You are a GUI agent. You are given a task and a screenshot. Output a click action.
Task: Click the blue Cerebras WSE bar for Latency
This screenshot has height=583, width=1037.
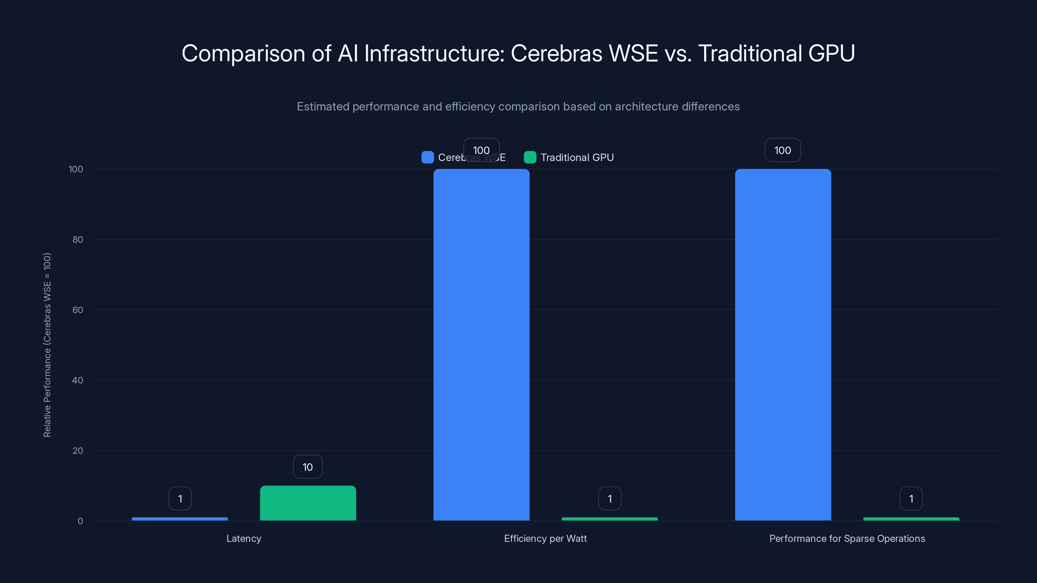[x=180, y=519]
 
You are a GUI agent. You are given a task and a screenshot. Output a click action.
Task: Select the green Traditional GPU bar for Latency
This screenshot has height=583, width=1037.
[x=308, y=503]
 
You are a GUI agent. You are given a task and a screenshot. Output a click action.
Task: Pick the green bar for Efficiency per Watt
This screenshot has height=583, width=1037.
[x=610, y=519]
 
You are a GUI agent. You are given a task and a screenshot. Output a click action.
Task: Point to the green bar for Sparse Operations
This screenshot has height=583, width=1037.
[x=911, y=519]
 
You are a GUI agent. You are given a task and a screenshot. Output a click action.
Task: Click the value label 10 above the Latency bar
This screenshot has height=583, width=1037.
[x=308, y=467]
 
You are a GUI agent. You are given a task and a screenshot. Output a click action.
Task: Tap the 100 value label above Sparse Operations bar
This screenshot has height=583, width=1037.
[x=783, y=150]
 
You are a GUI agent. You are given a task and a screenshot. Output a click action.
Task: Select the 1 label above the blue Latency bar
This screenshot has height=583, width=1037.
[x=180, y=498]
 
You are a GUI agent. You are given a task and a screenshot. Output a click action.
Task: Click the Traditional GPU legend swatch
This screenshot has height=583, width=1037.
[x=530, y=157]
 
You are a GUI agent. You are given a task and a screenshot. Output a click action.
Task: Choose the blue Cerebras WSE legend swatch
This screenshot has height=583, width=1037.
[x=427, y=157]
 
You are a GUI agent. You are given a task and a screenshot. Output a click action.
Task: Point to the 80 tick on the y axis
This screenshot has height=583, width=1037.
[x=78, y=239]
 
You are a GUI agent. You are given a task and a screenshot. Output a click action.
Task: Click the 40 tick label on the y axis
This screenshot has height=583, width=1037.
[x=78, y=380]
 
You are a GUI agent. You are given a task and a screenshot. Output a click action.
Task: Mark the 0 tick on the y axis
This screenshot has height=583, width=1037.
[x=80, y=521]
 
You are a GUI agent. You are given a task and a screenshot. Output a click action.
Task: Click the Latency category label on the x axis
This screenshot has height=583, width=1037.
[x=244, y=538]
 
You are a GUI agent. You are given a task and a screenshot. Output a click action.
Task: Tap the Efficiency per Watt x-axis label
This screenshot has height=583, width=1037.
[x=545, y=538]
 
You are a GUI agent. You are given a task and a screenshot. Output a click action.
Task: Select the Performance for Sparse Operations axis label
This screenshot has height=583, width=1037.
[x=847, y=538]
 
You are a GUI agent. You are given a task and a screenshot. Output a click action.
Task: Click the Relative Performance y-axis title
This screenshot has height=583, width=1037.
[x=47, y=345]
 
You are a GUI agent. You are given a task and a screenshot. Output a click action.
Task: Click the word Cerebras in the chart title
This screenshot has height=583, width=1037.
[x=556, y=53]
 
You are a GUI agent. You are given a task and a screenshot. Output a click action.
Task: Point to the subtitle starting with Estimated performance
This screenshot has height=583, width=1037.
[x=518, y=106]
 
